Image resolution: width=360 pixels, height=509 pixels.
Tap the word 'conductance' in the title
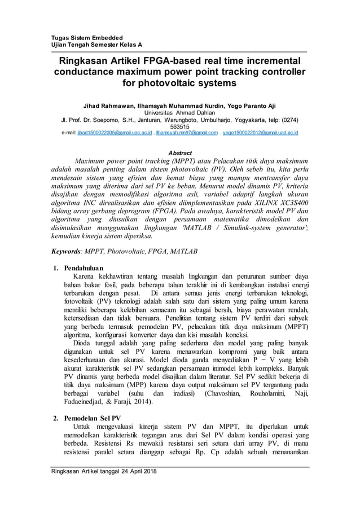pyautogui.click(x=90, y=72)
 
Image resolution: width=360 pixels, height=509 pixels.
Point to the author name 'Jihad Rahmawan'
pyautogui.click(x=109, y=106)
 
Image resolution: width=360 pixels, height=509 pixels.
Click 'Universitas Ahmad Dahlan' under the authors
pyautogui.click(x=179, y=113)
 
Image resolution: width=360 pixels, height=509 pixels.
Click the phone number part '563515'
pyautogui.click(x=179, y=127)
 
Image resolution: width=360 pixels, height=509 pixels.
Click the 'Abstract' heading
pyautogui.click(x=180, y=153)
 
